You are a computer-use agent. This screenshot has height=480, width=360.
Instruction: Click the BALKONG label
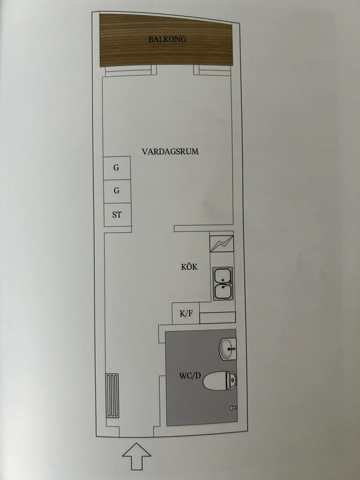(167, 39)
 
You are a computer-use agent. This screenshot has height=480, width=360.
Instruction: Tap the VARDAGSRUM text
(170, 151)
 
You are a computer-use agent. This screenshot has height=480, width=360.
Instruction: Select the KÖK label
(189, 267)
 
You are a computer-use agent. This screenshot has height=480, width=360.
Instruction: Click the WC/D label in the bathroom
(190, 375)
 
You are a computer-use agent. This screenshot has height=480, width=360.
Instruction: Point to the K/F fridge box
(186, 313)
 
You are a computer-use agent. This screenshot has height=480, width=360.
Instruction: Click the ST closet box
(117, 215)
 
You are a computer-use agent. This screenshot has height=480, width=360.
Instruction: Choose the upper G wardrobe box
(116, 168)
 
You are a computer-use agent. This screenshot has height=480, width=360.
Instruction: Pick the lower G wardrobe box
(117, 191)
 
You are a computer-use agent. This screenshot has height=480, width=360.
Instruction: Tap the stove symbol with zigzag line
(222, 243)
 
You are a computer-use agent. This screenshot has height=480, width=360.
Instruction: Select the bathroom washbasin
(228, 349)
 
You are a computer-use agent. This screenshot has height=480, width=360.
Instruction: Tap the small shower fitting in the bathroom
(234, 408)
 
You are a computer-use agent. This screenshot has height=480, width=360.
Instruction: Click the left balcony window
(130, 71)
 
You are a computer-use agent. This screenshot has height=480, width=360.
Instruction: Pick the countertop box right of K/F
(217, 317)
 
